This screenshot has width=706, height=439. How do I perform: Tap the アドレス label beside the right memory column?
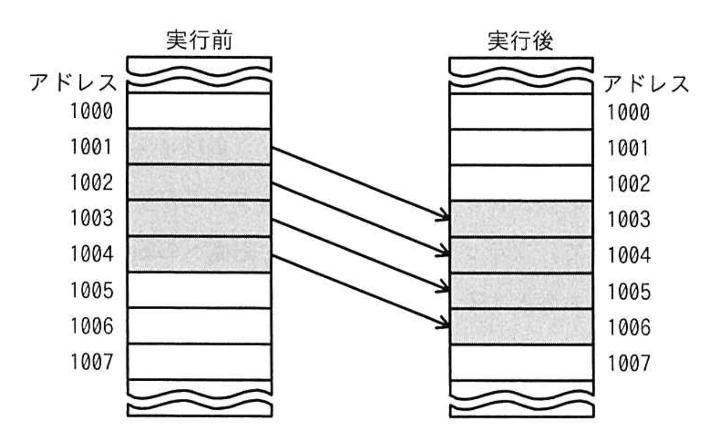pos(645,84)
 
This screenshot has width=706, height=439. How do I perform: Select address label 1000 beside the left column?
pos(91,112)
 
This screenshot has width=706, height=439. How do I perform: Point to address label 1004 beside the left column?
pos(91,255)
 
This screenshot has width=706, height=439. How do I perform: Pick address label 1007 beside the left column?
pos(91,362)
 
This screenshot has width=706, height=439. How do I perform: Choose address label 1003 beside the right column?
pos(628,219)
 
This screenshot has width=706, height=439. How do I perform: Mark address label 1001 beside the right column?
pos(628,148)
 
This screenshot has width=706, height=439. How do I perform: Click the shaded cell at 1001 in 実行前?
pos(199,147)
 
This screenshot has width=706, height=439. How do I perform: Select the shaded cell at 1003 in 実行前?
pos(199,218)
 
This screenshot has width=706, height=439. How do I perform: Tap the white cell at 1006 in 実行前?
pos(199,326)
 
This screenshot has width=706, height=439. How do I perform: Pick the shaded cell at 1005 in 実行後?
pos(521,291)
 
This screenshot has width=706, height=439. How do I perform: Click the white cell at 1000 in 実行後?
pos(521,112)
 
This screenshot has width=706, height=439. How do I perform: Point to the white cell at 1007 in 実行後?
pos(521,362)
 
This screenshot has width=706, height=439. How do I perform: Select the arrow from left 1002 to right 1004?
pos(361,219)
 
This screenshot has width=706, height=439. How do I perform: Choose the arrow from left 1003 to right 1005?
pos(361,255)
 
